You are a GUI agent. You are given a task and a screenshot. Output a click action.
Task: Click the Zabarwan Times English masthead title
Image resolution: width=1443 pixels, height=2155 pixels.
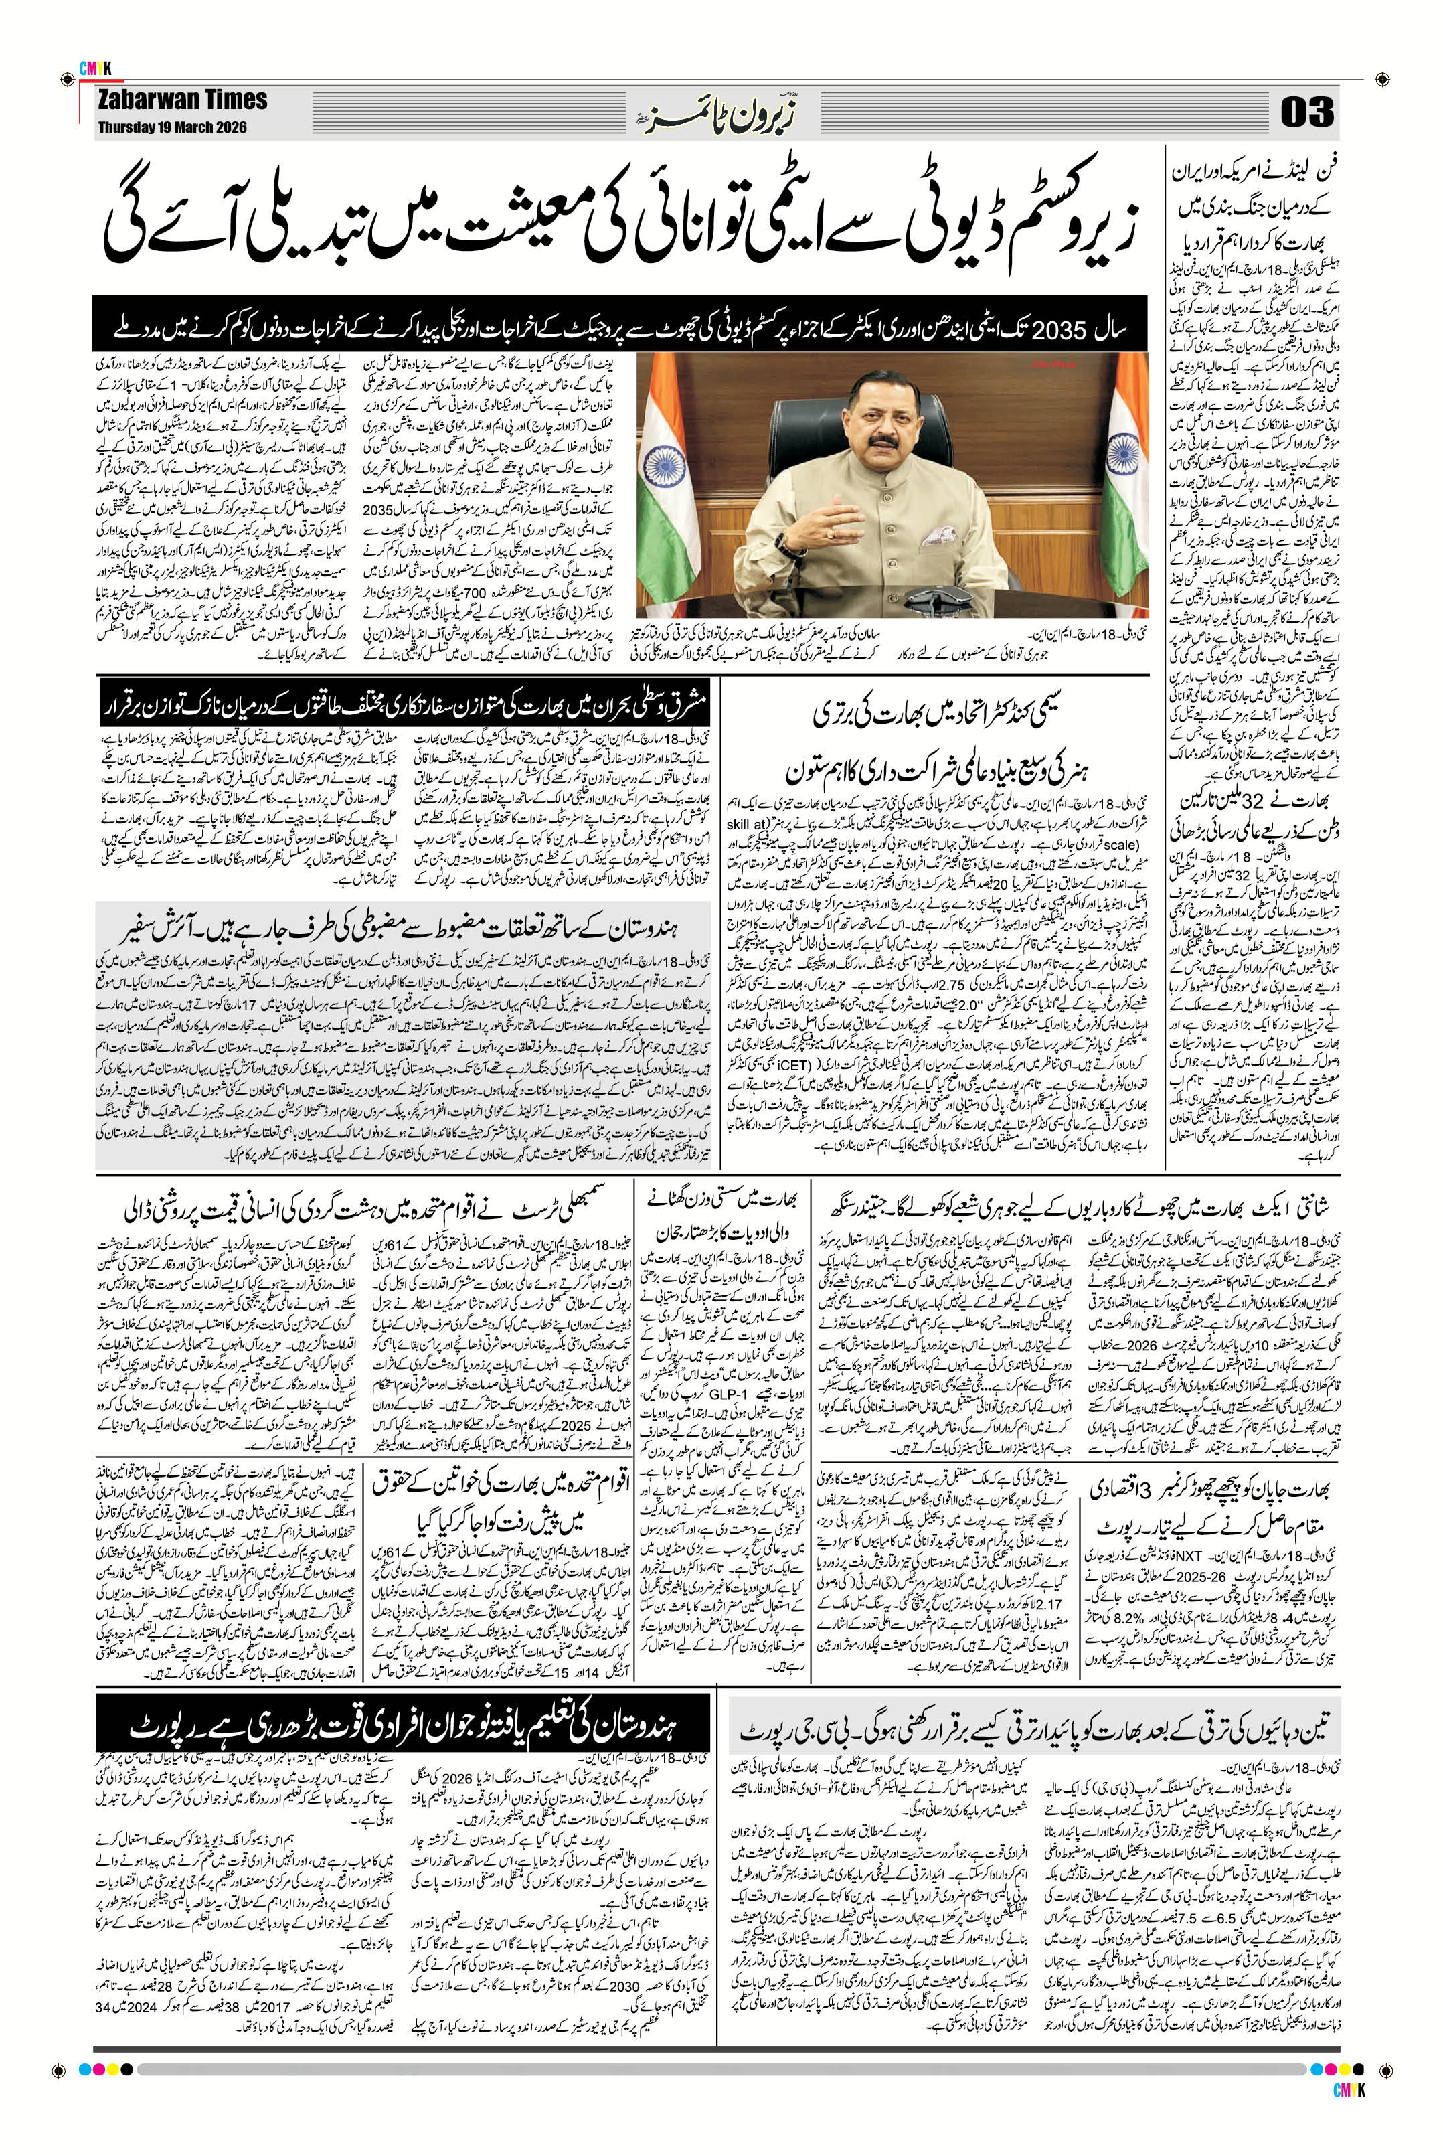[x=181, y=100]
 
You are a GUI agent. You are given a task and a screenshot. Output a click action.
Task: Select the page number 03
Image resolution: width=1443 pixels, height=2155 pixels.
[x=1306, y=114]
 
